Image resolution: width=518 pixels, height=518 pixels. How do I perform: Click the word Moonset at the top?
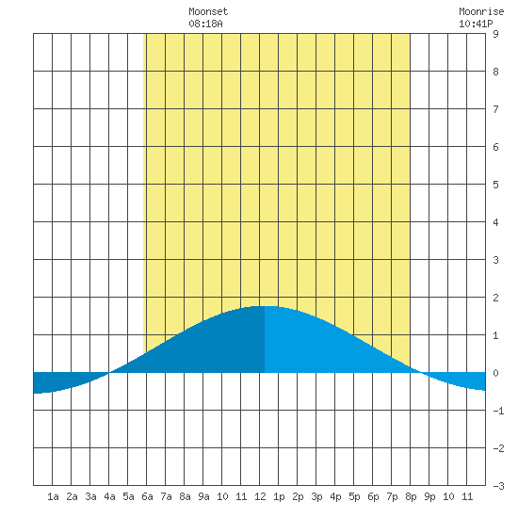(208, 11)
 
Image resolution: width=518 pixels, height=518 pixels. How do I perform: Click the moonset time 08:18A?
(205, 24)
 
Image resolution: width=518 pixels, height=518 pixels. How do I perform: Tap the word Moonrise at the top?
(481, 11)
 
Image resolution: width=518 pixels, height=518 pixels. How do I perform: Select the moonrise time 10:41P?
(476, 24)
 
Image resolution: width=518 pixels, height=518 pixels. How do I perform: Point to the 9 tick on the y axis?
(495, 34)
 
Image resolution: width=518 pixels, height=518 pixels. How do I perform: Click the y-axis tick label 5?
(495, 185)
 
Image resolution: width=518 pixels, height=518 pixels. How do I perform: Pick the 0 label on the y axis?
(495, 373)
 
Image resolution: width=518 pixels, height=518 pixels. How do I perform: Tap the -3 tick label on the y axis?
(498, 486)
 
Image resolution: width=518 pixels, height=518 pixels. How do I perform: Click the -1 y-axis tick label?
(498, 411)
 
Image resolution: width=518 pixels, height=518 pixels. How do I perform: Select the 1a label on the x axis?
(53, 496)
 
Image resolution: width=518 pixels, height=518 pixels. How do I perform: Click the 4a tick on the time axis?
(109, 496)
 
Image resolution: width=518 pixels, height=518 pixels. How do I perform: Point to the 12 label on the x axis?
(260, 496)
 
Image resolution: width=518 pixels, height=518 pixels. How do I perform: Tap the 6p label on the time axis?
(373, 496)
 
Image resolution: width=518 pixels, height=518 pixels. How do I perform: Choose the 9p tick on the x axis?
(429, 496)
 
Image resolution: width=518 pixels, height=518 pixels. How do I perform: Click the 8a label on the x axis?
(185, 496)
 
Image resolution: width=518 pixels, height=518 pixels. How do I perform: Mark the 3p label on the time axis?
(316, 496)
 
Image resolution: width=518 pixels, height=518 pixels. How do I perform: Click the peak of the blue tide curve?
(265, 306)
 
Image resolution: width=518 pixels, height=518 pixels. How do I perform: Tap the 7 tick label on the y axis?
(495, 109)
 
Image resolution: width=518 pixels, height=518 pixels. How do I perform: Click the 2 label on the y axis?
(495, 298)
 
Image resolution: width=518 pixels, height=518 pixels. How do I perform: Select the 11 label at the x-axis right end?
(467, 496)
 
